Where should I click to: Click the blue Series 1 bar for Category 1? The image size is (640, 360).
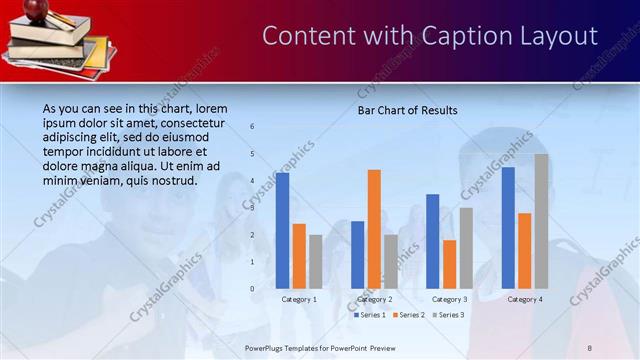point(282,231)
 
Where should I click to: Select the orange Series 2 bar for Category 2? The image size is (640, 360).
point(374,229)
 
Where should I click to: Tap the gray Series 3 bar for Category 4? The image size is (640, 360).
point(541,221)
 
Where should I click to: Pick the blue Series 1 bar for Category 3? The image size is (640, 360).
point(432,241)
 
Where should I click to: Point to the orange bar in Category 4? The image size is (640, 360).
point(524,251)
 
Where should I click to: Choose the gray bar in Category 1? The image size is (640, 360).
point(316,262)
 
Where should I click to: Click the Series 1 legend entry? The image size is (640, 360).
point(369,315)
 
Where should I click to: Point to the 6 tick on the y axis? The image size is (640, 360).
point(252,126)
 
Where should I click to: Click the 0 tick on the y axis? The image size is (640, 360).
point(252,289)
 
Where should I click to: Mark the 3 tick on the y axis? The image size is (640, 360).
point(252,208)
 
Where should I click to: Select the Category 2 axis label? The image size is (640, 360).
point(374,299)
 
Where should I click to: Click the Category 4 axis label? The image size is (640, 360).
point(525,299)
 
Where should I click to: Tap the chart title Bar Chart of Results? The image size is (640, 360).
point(407,110)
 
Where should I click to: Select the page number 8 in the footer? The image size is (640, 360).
point(590,347)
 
